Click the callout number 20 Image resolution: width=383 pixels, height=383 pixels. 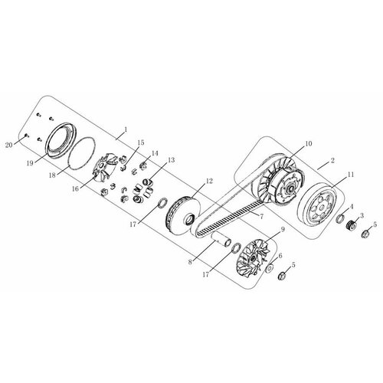[x=9, y=144]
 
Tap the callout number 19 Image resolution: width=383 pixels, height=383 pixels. [x=29, y=162]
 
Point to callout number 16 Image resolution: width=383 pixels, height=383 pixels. [x=75, y=186]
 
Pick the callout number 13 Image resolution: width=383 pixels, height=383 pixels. [x=171, y=160]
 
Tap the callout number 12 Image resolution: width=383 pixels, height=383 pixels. [x=208, y=182]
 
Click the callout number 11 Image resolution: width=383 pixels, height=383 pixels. [x=351, y=175]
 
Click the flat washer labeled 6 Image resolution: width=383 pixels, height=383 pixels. [x=270, y=269]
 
